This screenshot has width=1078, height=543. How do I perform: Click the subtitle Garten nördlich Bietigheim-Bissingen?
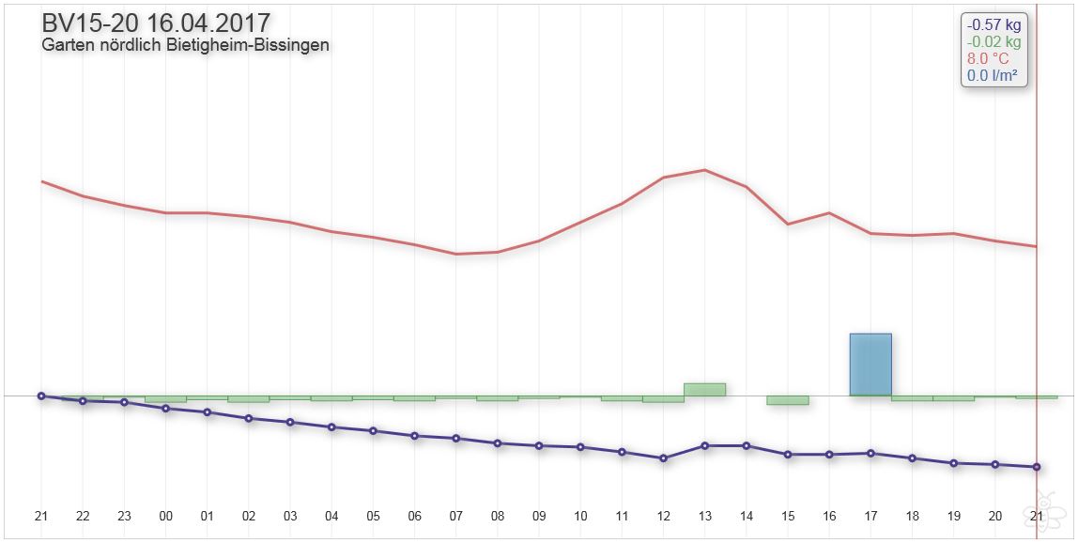185,45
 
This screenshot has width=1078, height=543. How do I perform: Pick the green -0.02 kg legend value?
993,42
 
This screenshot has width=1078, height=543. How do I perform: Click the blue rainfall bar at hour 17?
870,365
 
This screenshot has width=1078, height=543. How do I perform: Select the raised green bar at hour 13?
704,389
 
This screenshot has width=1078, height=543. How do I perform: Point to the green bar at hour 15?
787,400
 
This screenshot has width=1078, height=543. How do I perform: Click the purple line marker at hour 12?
663,458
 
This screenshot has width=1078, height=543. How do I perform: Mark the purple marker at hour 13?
704,445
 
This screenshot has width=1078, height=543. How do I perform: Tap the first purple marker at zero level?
41,396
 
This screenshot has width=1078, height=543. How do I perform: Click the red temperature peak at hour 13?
704,170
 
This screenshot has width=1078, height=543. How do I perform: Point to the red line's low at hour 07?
456,254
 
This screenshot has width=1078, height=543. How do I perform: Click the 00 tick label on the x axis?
166,516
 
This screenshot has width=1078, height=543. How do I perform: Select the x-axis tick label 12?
663,516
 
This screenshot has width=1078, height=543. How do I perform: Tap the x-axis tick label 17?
870,516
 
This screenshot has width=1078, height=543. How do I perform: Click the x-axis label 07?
456,516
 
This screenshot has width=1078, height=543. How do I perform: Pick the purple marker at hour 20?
995,464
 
